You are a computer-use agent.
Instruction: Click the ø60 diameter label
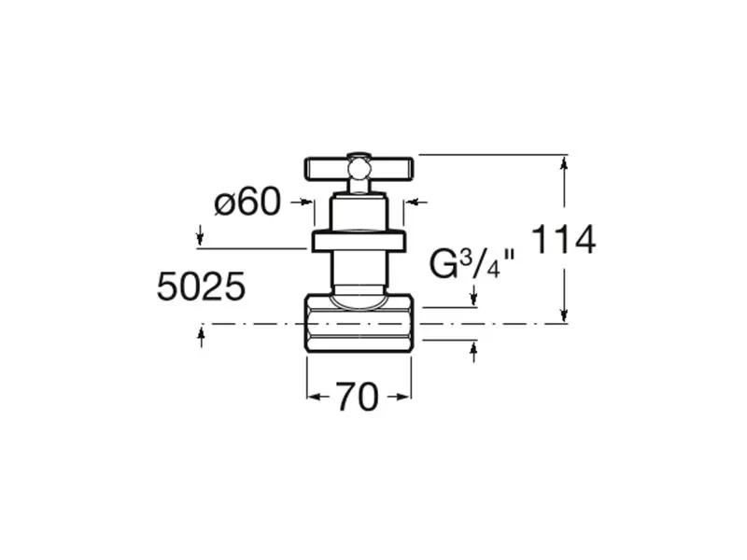coord(247,202)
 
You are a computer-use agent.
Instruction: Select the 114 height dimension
coord(563,239)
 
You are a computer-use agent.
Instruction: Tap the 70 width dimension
coord(358,397)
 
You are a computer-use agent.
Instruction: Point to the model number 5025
coord(201,287)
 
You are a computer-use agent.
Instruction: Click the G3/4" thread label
coord(472,263)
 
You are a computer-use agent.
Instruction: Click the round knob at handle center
coord(359,169)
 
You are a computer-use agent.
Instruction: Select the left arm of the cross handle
coord(326,170)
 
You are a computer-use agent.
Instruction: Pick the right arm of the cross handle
coord(390,170)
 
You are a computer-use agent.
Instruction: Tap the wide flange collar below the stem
coord(359,242)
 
